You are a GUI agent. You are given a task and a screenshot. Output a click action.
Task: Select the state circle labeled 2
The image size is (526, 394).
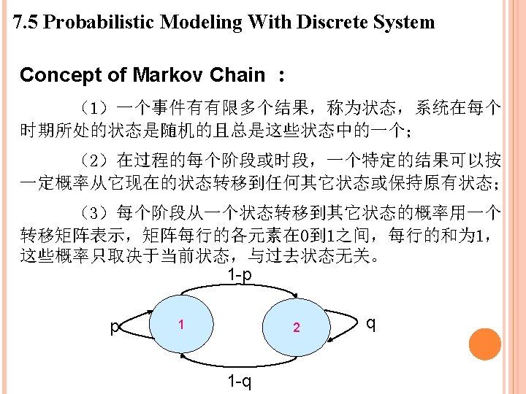point(296,327)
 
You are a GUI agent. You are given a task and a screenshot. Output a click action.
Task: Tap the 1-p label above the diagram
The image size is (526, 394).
point(240,275)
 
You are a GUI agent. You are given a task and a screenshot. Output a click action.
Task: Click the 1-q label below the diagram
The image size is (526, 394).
point(240,382)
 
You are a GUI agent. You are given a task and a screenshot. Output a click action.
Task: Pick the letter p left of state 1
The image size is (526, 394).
point(114,327)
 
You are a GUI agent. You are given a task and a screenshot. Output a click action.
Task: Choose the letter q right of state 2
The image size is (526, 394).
point(371,322)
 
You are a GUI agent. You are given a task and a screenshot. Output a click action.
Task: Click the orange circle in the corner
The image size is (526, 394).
point(484,344)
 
